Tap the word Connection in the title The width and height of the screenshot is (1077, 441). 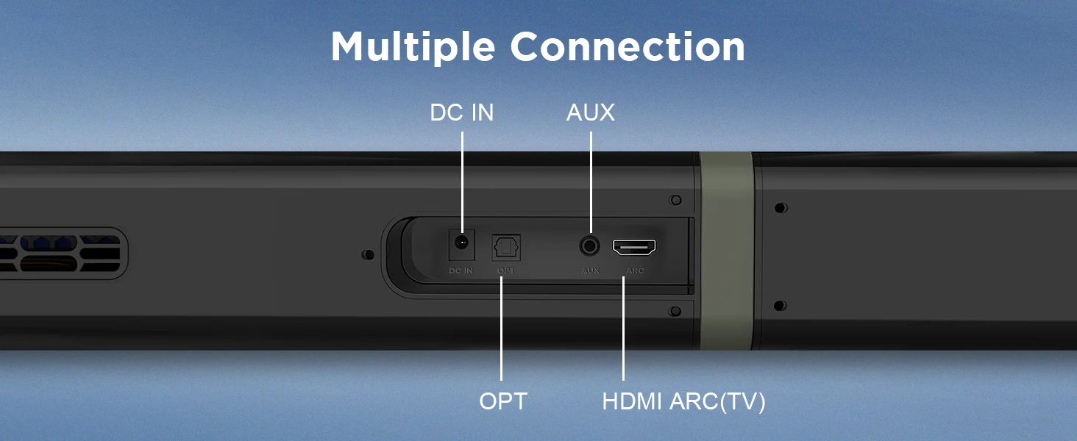[x=628, y=47]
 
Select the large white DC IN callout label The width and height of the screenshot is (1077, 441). [x=461, y=112]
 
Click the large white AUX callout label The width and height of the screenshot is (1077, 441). [x=590, y=112]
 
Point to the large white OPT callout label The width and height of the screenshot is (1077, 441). [x=503, y=401]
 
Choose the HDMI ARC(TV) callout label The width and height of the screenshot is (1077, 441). [x=683, y=401]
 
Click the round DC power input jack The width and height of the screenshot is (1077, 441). [x=462, y=244]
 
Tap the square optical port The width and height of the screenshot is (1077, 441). [x=506, y=245]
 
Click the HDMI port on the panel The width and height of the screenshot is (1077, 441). [x=634, y=247]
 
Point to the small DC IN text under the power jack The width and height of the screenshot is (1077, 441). [x=461, y=270]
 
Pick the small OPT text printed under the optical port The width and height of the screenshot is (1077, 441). [x=505, y=270]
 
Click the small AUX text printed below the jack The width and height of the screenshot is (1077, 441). [x=590, y=270]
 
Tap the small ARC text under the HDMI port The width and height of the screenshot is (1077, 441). [x=635, y=270]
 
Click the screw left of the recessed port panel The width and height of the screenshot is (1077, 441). [x=369, y=255]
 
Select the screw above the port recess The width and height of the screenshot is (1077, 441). [x=675, y=201]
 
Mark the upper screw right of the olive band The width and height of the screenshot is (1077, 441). [x=781, y=208]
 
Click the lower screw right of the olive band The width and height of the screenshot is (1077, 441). [x=781, y=305]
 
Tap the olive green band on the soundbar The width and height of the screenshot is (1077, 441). [x=726, y=250]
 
